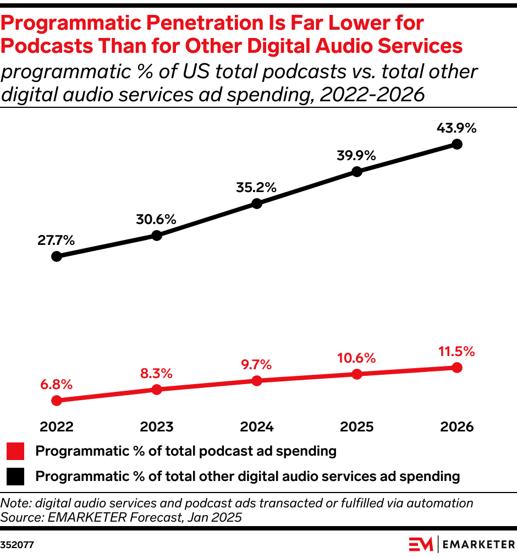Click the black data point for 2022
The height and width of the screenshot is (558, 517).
coord(56,256)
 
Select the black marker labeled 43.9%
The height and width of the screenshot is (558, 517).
coord(457,144)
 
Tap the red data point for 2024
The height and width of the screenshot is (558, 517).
coord(257,381)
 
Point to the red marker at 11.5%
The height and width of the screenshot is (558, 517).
coord(457,368)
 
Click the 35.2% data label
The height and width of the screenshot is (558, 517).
coord(257,187)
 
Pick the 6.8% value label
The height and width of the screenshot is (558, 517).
coord(56,384)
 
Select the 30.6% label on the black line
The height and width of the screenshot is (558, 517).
coord(156,219)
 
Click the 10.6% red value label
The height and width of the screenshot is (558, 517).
coord(356,358)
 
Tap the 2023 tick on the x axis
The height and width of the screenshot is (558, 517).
coord(156,427)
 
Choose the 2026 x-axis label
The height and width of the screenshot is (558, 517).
coord(457,427)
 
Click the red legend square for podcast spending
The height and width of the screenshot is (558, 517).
coord(15,452)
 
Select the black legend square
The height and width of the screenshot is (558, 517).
coord(15,476)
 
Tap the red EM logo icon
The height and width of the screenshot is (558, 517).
coord(421,544)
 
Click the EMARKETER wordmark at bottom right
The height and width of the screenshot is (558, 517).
coord(479,544)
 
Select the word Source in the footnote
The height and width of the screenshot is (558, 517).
coord(17,517)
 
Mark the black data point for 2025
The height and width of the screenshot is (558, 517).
coord(356,171)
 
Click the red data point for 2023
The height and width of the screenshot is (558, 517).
coord(156,390)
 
